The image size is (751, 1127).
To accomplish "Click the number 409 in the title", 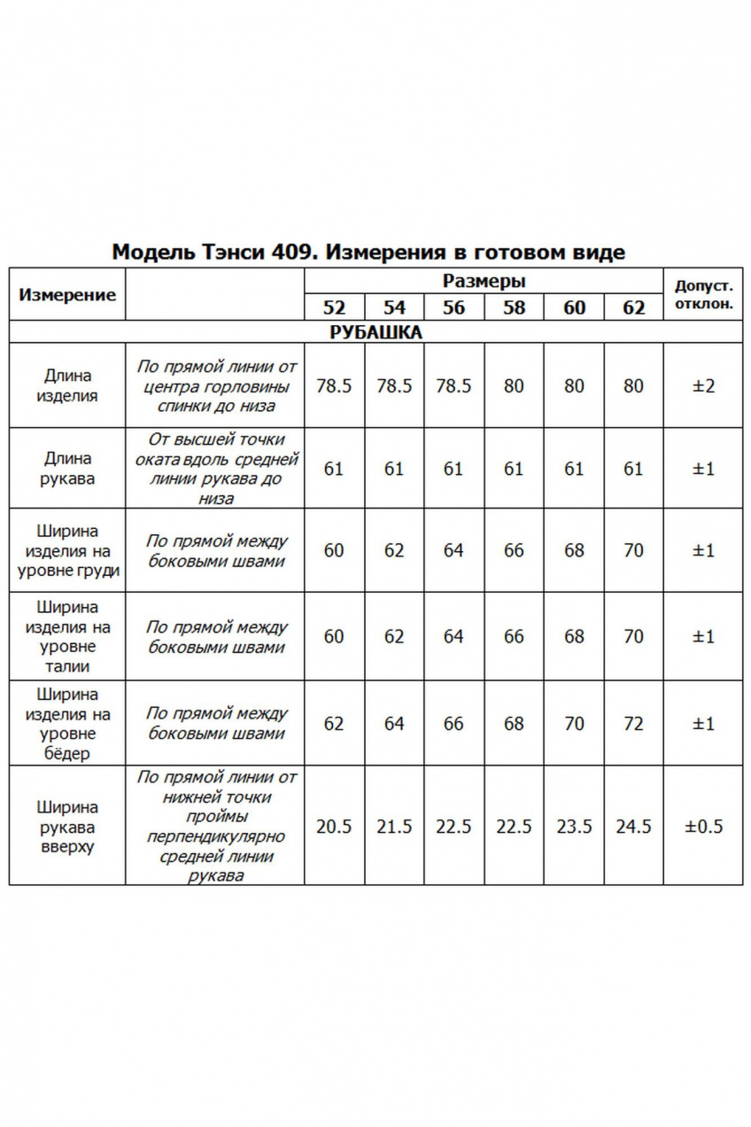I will pyautogui.click(x=290, y=253).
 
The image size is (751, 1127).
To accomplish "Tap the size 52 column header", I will pyautogui.click(x=334, y=307).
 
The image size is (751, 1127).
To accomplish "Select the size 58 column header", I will pyautogui.click(x=514, y=307).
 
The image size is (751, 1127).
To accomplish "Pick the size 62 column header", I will pyautogui.click(x=633, y=307).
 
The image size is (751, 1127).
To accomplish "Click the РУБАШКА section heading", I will pyautogui.click(x=375, y=333).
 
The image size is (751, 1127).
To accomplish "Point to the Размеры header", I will pyautogui.click(x=484, y=282).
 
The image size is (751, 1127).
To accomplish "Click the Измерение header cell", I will pyautogui.click(x=67, y=295).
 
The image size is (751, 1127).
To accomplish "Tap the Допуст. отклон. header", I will pyautogui.click(x=703, y=294).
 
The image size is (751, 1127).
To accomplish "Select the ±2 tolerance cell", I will pyautogui.click(x=703, y=386).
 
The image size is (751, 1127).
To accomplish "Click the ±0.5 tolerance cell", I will pyautogui.click(x=703, y=826).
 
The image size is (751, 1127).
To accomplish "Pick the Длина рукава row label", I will pyautogui.click(x=67, y=469).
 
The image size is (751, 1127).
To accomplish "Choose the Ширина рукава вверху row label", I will pyautogui.click(x=67, y=826).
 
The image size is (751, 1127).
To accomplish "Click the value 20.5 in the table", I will pyautogui.click(x=334, y=826).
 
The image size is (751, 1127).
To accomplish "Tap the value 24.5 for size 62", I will pyautogui.click(x=633, y=826).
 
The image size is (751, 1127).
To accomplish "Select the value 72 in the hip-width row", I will pyautogui.click(x=633, y=724).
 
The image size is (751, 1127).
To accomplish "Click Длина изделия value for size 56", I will pyautogui.click(x=453, y=386).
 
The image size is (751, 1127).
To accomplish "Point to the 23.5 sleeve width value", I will pyautogui.click(x=574, y=826).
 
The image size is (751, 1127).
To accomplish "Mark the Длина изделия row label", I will pyautogui.click(x=67, y=386).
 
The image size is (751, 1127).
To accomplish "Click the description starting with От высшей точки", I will pyautogui.click(x=215, y=469).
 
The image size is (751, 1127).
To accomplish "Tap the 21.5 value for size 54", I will pyautogui.click(x=394, y=826).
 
